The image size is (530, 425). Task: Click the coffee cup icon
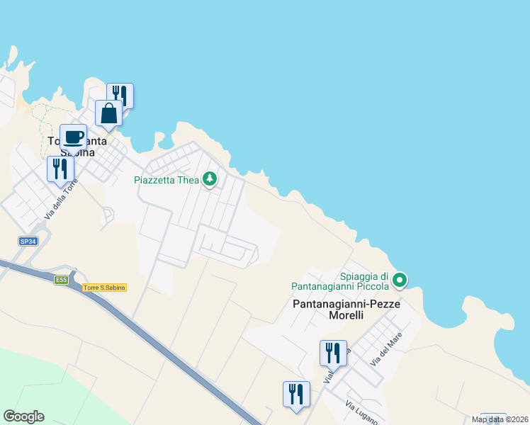click(x=73, y=137)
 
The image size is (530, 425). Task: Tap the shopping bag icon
click(x=109, y=113)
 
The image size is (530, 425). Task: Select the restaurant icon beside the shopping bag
click(x=120, y=95)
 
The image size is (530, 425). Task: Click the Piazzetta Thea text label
click(x=167, y=179)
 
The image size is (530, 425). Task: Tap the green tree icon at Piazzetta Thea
click(x=209, y=178)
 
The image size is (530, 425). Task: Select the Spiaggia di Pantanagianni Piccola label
click(x=340, y=281)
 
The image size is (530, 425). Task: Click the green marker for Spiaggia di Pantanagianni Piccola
click(x=400, y=280)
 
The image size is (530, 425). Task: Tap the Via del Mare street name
click(x=385, y=349)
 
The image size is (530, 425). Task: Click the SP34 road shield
click(x=28, y=242)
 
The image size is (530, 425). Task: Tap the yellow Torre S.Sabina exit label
click(x=104, y=288)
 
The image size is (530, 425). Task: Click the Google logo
click(x=23, y=416)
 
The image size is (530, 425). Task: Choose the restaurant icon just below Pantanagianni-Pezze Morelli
click(x=332, y=352)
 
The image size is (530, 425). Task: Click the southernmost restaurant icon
click(x=296, y=394)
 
